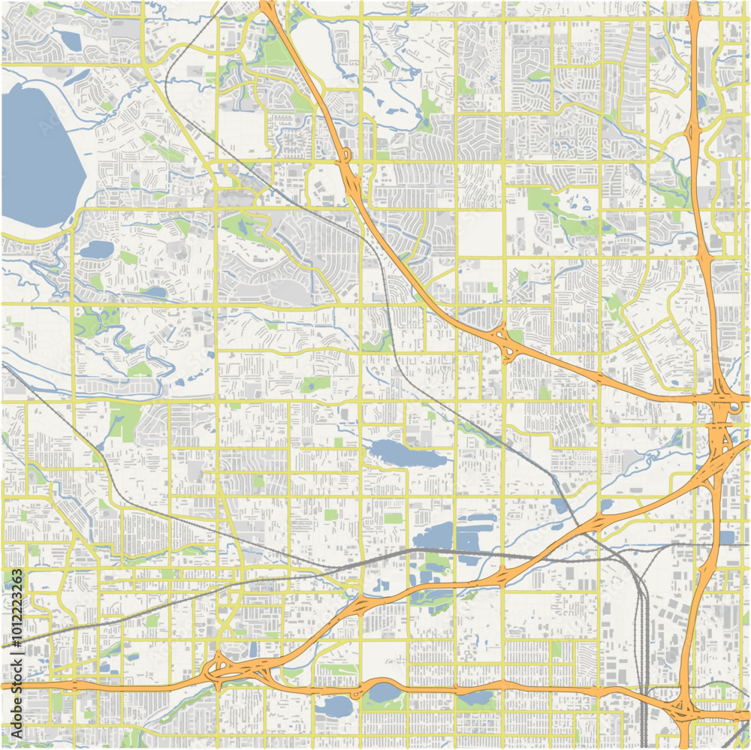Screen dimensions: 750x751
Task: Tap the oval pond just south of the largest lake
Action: pos(96,248)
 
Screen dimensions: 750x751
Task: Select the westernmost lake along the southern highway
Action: pos(336,706)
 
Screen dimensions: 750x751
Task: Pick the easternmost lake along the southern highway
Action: pos(475,698)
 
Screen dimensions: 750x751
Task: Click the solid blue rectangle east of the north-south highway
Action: pos(726,538)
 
